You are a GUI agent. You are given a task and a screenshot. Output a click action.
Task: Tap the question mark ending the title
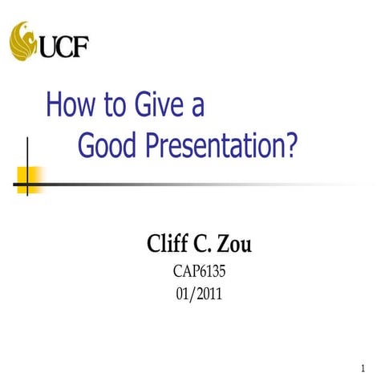(x=290, y=145)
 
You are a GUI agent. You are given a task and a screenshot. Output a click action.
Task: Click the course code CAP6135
(x=200, y=273)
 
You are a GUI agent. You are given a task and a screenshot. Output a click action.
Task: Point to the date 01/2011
(x=199, y=294)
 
